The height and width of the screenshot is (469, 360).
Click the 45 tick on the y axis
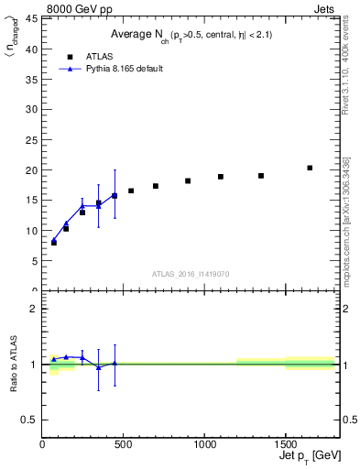[33, 18]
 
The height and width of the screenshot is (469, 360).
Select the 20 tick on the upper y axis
[33, 170]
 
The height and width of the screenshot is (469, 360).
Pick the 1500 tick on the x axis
[285, 445]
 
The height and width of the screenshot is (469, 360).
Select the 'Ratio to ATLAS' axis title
[12, 364]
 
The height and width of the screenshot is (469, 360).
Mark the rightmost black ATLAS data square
[310, 168]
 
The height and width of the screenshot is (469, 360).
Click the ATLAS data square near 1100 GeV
[221, 177]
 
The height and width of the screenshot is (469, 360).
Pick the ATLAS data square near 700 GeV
[156, 186]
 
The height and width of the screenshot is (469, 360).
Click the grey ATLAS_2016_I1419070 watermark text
[191, 274]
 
